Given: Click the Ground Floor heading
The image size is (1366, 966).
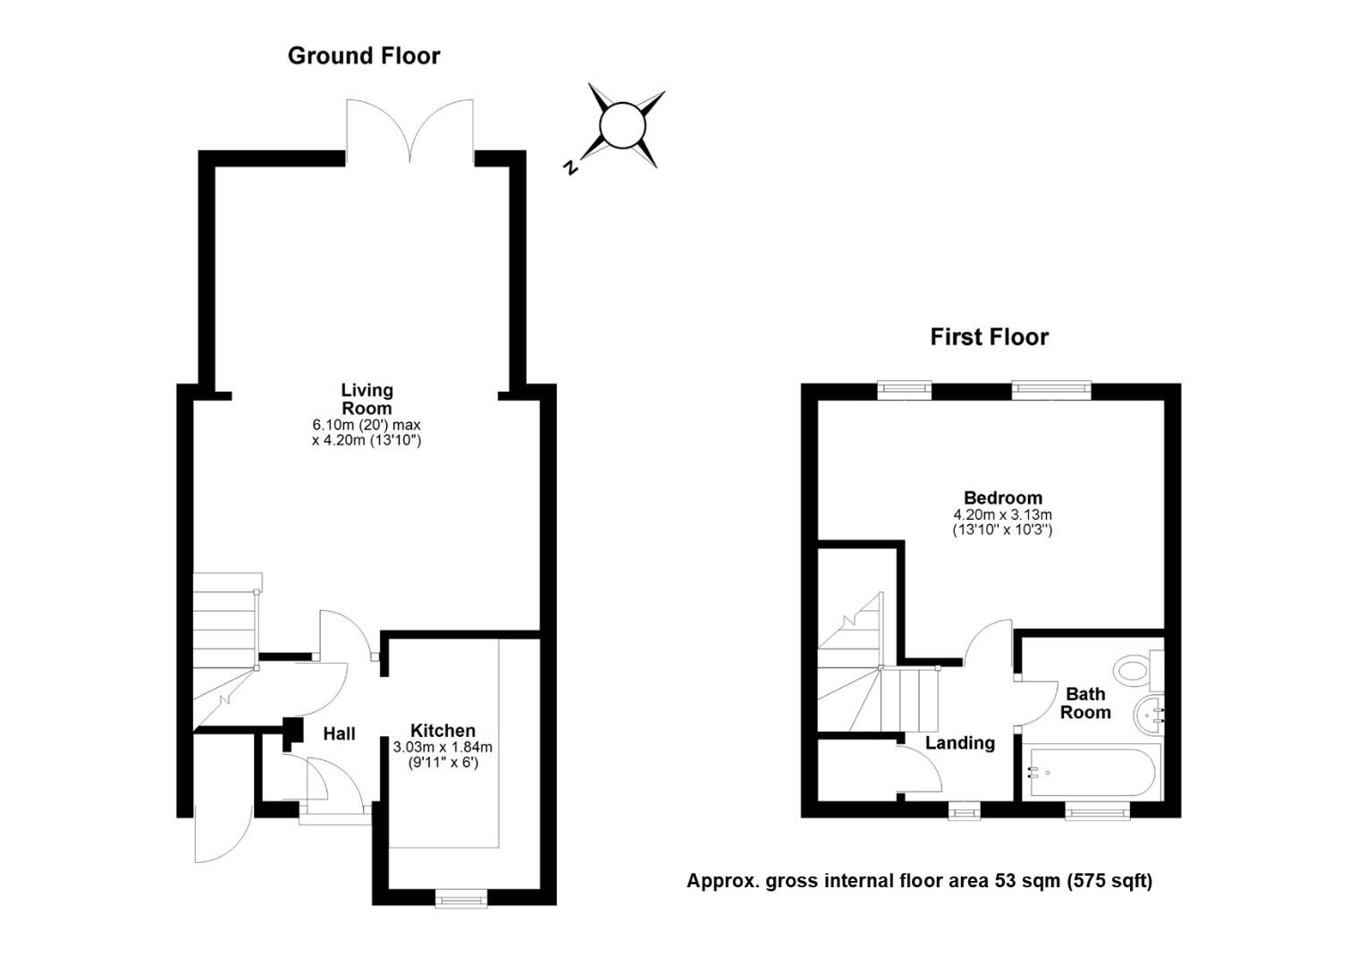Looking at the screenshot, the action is pos(364,56).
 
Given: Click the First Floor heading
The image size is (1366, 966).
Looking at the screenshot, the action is pos(989,337).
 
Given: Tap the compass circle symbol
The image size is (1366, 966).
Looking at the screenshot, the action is pos(622,125).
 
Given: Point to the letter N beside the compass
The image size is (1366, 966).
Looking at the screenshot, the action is pos(570,167).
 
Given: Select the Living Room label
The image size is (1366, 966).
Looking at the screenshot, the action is pos(367,399).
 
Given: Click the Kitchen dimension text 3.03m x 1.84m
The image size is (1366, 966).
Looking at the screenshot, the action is pos(443,747).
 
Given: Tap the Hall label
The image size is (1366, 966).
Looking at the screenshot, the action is pos(339,733).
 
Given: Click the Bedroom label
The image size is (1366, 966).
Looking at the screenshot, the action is pos(1003,498).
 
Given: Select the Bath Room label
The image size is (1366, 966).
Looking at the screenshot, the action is pos(1085,703).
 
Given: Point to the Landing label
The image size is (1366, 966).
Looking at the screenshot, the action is pos(960,743).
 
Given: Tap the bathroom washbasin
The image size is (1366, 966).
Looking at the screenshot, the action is pos(1149,715).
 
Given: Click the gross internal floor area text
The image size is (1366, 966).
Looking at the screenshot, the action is pos(920,881).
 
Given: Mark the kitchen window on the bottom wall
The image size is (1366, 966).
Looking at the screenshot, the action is pos(461,898).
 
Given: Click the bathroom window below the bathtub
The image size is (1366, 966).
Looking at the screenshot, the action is pos(1097,810).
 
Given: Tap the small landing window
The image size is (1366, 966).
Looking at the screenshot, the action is pos(964,810).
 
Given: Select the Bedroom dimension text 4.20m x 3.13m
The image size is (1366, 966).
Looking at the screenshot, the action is pos(1003,514).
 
